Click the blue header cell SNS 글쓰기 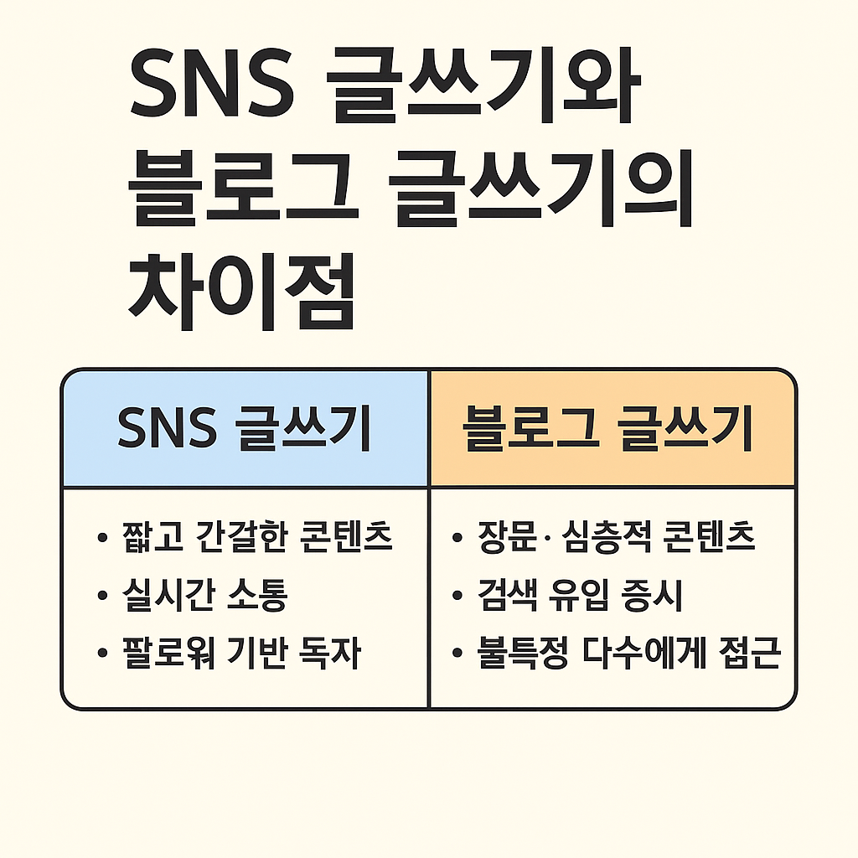coord(245,428)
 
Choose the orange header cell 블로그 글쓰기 coord(612,428)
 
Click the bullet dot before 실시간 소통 coord(103,597)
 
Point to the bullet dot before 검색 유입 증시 coord(457,597)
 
